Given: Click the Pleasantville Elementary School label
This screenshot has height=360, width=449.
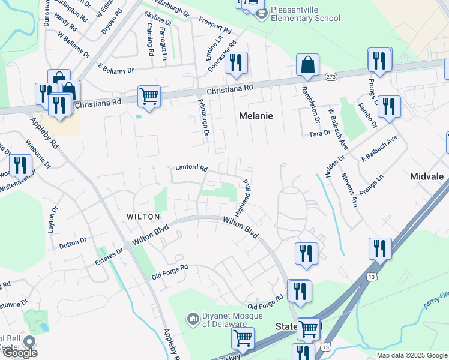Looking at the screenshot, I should (305, 14).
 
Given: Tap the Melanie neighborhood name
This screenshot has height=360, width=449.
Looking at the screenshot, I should (256, 116).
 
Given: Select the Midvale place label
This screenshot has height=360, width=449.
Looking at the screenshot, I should (427, 177).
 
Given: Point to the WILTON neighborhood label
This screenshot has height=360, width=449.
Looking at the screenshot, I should (143, 216).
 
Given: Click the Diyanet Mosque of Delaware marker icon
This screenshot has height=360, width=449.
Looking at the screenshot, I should (193, 318).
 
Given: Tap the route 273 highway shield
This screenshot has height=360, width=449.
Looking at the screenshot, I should (331, 77).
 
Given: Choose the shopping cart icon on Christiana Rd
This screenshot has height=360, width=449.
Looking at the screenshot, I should (149, 95).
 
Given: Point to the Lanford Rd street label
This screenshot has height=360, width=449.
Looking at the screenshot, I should (191, 169).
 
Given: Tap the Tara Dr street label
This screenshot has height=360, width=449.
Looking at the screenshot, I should (319, 134).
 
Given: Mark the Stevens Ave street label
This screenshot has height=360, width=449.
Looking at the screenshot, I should (349, 191).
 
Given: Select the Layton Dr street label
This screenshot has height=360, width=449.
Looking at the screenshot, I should (53, 220).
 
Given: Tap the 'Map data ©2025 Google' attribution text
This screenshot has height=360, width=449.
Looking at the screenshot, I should (411, 355).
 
